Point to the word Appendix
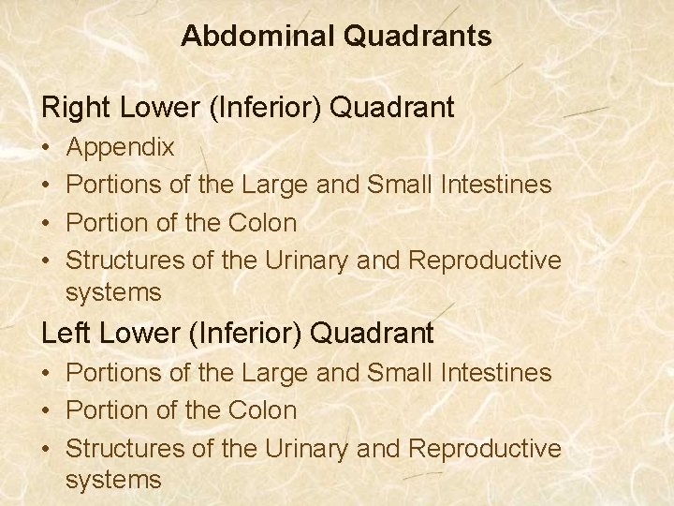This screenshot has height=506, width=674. pyautogui.click(x=120, y=148)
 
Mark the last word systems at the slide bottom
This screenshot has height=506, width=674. pyautogui.click(x=113, y=481)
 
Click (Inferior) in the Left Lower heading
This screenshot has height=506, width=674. pyautogui.click(x=239, y=333)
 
